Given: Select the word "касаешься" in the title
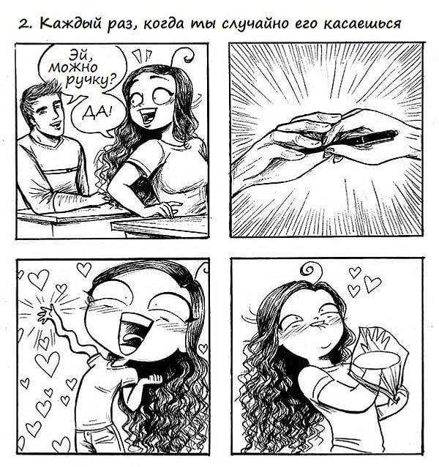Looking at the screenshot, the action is click(x=362, y=24).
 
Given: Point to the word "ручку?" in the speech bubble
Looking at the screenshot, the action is click(x=90, y=81).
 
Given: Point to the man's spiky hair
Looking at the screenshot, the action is click(x=40, y=95).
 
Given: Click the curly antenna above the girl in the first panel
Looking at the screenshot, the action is click(x=183, y=55).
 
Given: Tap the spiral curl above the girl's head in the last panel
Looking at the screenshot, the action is click(x=311, y=269).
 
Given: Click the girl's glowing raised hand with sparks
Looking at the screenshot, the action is click(x=45, y=315).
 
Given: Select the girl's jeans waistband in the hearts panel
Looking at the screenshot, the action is click(x=95, y=428).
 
